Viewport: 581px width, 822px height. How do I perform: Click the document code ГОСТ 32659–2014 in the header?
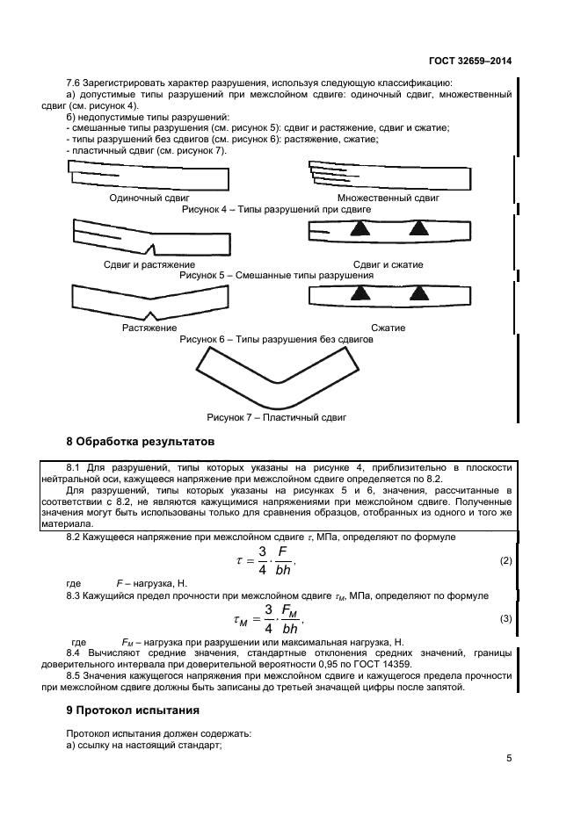(x=470, y=61)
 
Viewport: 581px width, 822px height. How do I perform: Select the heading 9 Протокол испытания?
(x=133, y=709)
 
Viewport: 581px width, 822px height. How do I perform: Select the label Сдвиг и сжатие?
(x=388, y=264)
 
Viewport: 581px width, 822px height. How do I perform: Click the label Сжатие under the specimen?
(x=388, y=328)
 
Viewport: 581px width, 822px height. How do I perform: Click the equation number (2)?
(x=505, y=559)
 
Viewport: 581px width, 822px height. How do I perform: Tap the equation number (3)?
(x=505, y=619)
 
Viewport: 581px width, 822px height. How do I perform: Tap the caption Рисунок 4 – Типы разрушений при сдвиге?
(x=276, y=210)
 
